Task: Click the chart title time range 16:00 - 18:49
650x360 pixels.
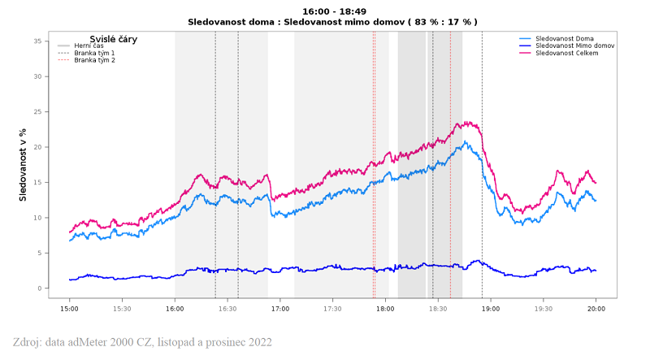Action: click(332, 11)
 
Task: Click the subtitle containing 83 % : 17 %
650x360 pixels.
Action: click(332, 22)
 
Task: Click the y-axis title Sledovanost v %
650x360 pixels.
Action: click(23, 164)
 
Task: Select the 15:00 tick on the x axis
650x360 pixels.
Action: click(70, 308)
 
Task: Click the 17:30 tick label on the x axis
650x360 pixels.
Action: click(333, 308)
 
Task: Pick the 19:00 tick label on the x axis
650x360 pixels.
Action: click(491, 308)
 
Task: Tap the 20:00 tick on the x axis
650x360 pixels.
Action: click(596, 308)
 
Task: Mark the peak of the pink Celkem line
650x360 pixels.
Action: click(469, 123)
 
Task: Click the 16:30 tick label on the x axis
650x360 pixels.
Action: click(227, 308)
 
